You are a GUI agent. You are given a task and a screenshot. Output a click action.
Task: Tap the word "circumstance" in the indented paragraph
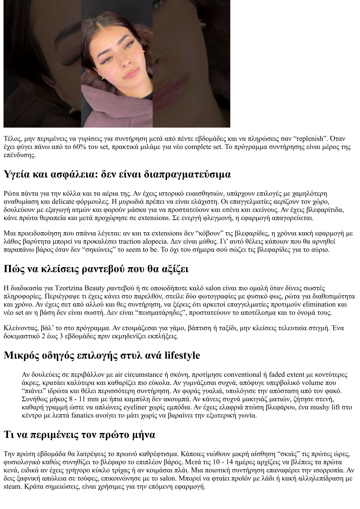[x=155, y=375]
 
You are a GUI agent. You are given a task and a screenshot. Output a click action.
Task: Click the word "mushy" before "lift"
[x=326, y=407]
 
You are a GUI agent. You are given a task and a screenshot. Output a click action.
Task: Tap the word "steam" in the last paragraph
[x=12, y=487]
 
